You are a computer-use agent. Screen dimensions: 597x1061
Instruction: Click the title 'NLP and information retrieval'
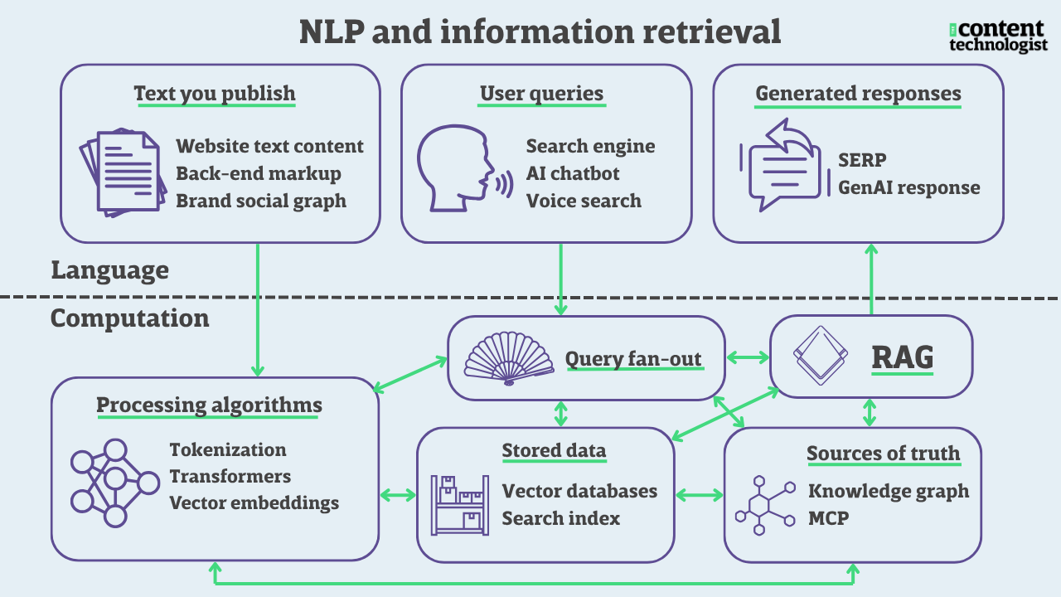(x=540, y=32)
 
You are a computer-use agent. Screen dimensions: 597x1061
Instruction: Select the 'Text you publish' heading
(x=215, y=94)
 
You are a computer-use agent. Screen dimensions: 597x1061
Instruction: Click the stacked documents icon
(x=121, y=172)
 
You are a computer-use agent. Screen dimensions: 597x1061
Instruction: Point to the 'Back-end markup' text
(x=259, y=173)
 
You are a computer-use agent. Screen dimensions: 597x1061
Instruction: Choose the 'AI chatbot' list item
(x=573, y=173)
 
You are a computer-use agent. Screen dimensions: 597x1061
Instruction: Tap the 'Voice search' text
(x=584, y=201)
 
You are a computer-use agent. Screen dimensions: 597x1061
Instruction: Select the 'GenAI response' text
(x=908, y=187)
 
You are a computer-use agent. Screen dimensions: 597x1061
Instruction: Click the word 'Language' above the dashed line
(x=109, y=270)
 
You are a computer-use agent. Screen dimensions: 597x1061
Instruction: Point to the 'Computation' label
(x=130, y=318)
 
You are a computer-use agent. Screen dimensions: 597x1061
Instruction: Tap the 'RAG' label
(x=902, y=358)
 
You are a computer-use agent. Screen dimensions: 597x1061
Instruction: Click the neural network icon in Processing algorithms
(x=114, y=482)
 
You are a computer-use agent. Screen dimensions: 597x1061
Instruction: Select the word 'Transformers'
(x=230, y=476)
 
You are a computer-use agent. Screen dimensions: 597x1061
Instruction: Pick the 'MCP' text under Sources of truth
(x=828, y=518)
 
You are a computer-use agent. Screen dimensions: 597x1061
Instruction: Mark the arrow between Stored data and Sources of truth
(x=699, y=495)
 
